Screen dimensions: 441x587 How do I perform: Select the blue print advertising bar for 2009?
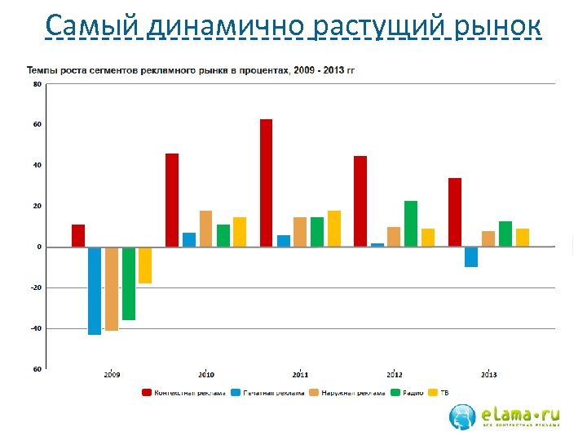95,291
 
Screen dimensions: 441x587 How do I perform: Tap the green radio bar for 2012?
410,224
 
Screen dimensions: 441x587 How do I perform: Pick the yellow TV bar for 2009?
145,265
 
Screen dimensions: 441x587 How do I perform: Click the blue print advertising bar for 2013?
471,256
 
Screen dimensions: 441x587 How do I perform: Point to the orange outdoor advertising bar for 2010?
205,229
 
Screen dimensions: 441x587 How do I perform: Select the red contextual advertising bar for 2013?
454,212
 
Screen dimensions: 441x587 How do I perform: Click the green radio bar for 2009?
128,283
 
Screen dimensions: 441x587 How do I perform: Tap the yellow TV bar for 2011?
334,229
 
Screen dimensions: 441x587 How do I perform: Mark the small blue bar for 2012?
377,244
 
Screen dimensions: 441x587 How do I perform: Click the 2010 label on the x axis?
206,375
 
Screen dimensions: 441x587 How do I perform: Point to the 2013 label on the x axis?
488,375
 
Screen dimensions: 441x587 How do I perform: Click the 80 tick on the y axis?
38,83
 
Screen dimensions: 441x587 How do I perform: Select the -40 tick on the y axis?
37,328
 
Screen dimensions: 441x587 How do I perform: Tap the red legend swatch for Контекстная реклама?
147,393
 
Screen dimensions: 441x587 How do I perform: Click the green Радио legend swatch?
396,393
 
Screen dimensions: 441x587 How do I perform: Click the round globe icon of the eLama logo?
462,416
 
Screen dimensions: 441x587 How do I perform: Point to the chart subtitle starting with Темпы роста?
191,69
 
